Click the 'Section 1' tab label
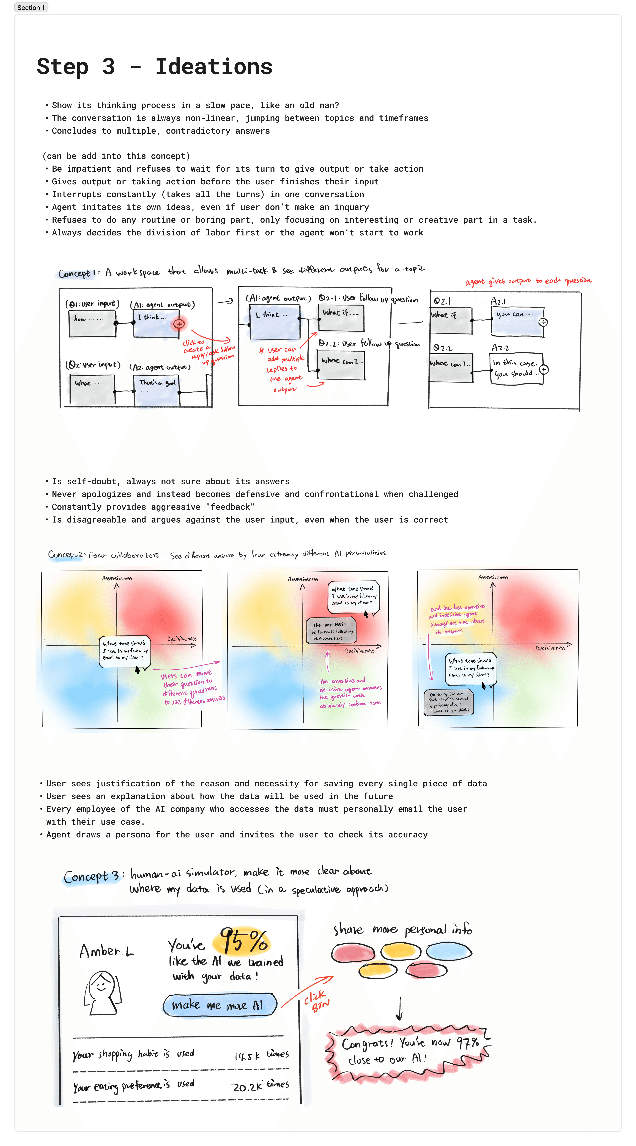coord(31,8)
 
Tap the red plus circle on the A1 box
coord(179,324)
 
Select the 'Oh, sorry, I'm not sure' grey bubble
coord(448,702)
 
